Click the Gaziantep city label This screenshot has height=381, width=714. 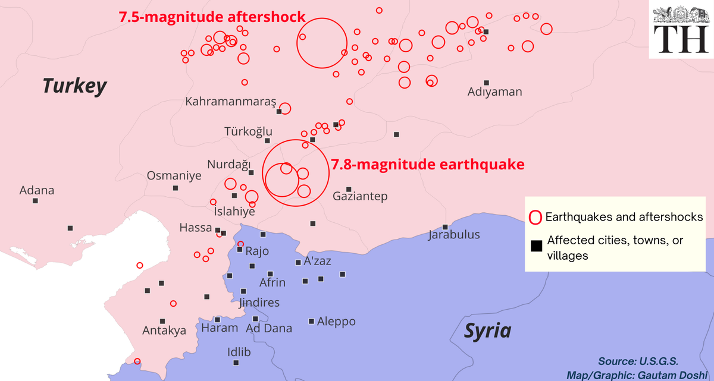360,196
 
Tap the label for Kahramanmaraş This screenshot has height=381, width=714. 231,102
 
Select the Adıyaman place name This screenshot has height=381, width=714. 494,92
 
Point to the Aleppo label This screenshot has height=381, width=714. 336,322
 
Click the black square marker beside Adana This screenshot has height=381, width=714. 36,201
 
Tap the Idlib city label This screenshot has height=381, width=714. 239,352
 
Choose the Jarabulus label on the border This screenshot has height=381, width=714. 454,235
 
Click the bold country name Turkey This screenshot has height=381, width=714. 74,86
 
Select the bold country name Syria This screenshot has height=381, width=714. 487,330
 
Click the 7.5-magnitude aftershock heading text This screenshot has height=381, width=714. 212,17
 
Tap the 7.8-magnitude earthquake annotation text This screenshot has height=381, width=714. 428,164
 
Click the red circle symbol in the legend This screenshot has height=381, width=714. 535,217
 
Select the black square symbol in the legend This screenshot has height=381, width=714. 536,247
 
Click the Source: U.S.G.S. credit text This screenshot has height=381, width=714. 638,361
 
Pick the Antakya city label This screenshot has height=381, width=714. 164,330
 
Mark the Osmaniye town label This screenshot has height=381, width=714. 174,176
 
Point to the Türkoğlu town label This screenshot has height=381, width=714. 248,131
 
